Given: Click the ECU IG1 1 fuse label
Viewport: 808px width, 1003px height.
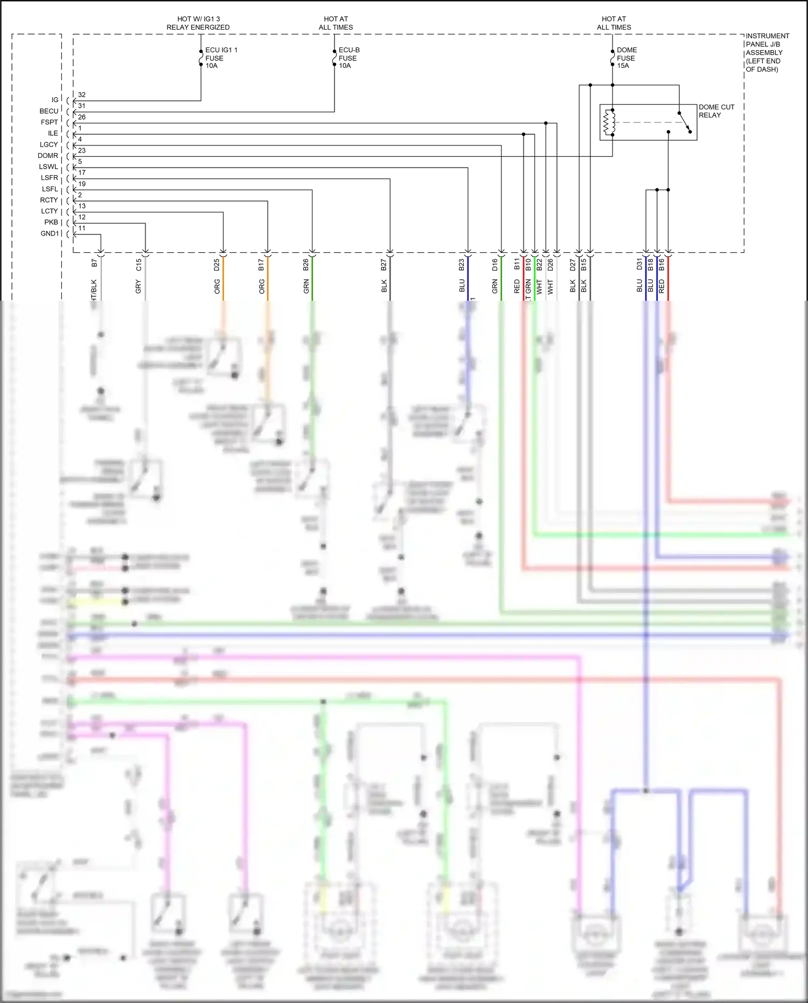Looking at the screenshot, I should click(220, 58).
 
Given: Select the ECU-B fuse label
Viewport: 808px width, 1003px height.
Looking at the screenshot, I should click(349, 58).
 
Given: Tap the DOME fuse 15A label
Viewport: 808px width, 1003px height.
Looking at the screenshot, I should click(626, 58).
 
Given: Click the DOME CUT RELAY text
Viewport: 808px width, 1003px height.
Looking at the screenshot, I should click(716, 111).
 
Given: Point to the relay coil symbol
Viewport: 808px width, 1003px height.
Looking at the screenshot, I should click(609, 122).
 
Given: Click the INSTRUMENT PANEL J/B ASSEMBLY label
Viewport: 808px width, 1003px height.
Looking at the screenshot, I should click(767, 52).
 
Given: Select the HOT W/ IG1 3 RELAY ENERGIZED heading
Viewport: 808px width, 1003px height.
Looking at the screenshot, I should click(198, 23).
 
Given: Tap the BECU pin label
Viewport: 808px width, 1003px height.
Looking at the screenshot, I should click(48, 111).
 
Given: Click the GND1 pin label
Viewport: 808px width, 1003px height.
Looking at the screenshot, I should click(50, 233).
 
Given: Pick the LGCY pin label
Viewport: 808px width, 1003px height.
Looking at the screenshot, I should click(48, 144).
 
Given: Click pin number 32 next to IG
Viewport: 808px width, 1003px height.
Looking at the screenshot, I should click(82, 94).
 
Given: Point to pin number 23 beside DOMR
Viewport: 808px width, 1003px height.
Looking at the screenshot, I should click(82, 150).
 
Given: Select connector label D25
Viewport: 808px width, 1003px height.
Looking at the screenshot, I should click(217, 265).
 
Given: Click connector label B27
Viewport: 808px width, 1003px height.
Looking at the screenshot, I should click(384, 265).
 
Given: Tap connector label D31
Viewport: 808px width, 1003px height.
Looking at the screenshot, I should click(639, 265).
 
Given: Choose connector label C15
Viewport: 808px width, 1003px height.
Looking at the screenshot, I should click(138, 265).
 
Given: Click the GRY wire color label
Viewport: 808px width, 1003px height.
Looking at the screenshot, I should click(138, 286).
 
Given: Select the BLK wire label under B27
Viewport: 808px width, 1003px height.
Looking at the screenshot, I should click(384, 286).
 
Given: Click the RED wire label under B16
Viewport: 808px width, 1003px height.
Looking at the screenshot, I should click(661, 286).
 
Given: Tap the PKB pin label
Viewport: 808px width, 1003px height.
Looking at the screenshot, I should click(51, 222).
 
